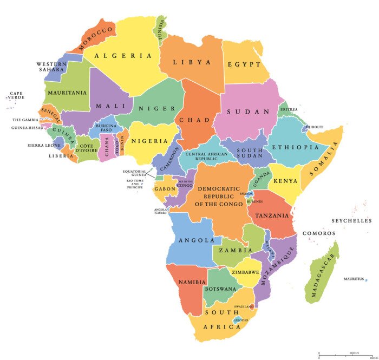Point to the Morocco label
coord(97,37)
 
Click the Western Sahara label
coord(52,67)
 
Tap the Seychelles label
coord(352,221)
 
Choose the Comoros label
coord(319,233)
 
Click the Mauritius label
coord(354,279)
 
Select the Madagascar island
coord(322,273)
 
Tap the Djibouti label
coord(315,127)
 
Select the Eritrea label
coord(289,109)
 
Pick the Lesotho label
coord(241,320)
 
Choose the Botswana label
coord(220,289)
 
